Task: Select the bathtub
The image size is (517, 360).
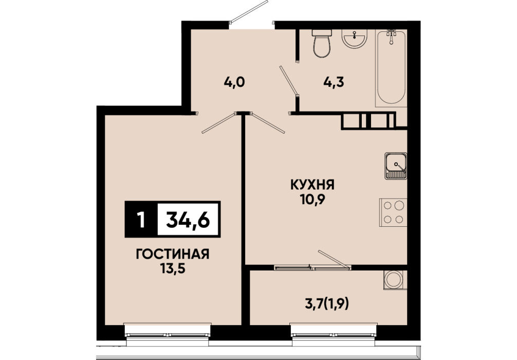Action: [391, 68]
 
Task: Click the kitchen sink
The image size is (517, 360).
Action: [395, 166]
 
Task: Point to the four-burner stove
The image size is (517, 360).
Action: [393, 212]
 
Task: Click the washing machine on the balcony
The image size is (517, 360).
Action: [395, 280]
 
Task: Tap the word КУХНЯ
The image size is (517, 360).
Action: [312, 185]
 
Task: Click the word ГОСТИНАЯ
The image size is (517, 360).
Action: [173, 254]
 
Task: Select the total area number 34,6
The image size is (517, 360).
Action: [188, 220]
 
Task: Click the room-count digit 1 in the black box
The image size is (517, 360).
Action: [141, 220]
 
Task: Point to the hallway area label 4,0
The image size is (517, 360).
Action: [234, 82]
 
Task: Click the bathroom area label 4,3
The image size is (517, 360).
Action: [334, 82]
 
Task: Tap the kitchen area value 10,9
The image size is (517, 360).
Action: [312, 200]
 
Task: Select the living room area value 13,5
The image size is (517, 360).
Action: [173, 269]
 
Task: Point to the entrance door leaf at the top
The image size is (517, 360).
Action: [249, 12]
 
